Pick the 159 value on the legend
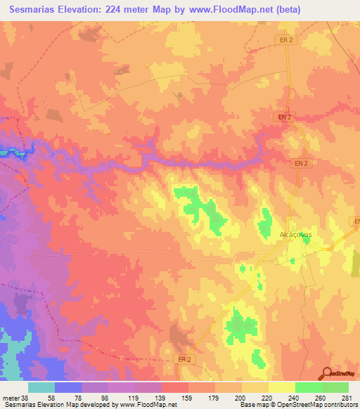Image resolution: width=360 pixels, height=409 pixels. pyautogui.click(x=187, y=398)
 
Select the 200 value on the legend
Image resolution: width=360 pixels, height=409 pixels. pyautogui.click(x=240, y=398)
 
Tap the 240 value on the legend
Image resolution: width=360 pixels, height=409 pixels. pyautogui.click(x=294, y=398)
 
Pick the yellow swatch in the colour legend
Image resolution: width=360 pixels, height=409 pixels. pyautogui.click(x=281, y=387)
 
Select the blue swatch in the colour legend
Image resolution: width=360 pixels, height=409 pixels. pyautogui.click(x=68, y=387)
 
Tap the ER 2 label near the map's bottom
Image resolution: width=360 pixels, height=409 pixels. pyautogui.click(x=181, y=358)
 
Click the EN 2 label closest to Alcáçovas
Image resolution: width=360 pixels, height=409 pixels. pyautogui.click(x=300, y=163)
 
